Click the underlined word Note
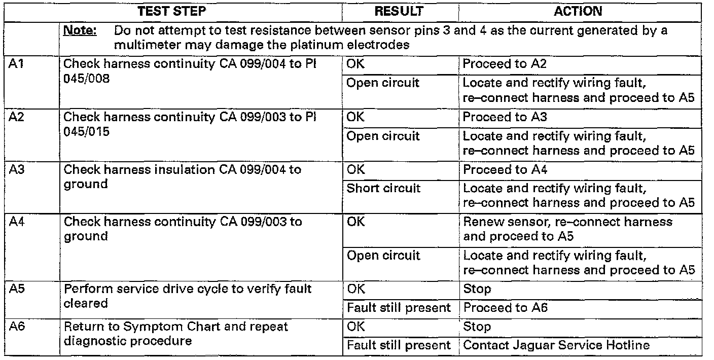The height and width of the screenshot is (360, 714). click(80, 31)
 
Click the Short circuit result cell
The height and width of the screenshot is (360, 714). click(383, 188)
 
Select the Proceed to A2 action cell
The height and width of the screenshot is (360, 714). click(505, 64)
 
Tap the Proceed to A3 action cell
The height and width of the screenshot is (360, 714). click(505, 117)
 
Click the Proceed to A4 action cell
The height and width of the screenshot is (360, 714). click(505, 169)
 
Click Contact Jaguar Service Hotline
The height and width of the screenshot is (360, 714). click(556, 345)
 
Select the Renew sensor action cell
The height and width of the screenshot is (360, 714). click(568, 229)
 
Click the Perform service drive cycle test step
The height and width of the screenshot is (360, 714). click(188, 296)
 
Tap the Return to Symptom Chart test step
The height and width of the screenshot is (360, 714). click(176, 333)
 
